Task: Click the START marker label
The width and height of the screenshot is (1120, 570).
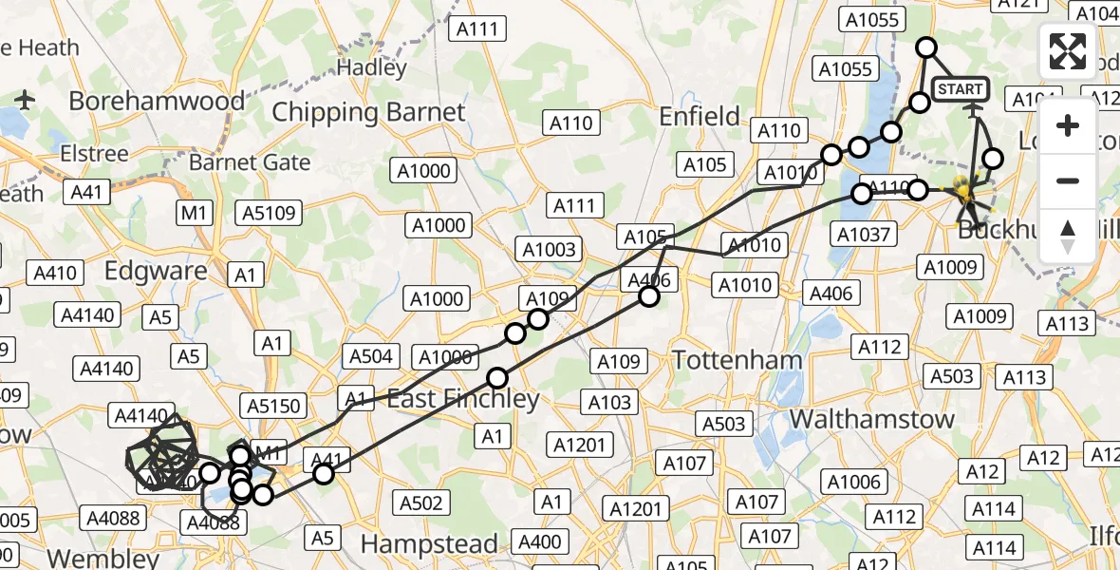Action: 961,89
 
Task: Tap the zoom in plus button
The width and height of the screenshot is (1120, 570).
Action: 1069,125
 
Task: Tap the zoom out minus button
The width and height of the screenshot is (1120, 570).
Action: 1069,180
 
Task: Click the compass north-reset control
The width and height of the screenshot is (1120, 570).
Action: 1069,236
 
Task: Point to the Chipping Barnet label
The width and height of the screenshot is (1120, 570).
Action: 368,112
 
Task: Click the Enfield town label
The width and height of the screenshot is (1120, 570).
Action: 700,117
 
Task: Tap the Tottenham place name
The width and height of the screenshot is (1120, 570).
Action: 737,360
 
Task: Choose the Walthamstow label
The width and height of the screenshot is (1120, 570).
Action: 871,419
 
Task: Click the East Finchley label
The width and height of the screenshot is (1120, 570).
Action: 463,399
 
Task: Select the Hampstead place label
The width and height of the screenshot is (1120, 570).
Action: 430,544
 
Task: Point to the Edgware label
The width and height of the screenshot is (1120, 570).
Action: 156,271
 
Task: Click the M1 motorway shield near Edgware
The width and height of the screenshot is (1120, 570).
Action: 196,213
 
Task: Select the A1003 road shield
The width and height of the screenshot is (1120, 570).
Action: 548,249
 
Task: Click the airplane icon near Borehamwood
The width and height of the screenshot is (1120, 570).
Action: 26,99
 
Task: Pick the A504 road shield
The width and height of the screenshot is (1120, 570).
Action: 370,356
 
